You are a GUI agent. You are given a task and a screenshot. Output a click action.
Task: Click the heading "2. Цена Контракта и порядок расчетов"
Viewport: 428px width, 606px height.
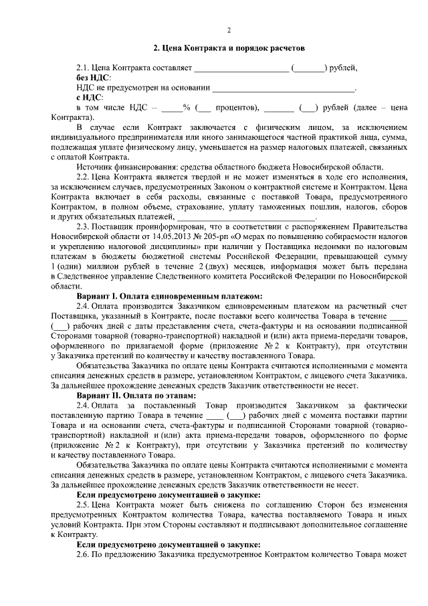[x=228, y=49]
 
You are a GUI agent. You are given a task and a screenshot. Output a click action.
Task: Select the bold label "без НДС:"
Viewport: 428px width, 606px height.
[x=94, y=78]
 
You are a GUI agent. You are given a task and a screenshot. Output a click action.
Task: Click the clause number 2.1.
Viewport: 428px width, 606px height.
[x=82, y=68]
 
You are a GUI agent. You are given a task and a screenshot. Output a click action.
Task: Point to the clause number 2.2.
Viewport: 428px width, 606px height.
[x=82, y=175]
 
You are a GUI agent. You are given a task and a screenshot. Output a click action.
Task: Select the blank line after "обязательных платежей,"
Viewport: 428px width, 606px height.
[x=245, y=217]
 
